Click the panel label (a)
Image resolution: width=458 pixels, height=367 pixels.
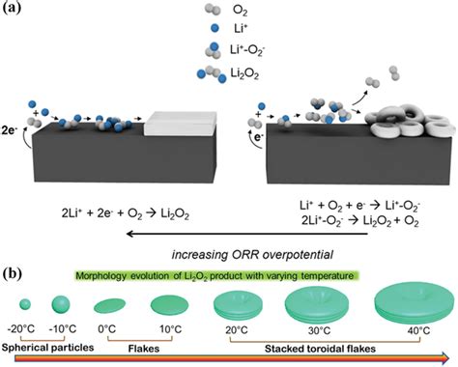tap(12, 7)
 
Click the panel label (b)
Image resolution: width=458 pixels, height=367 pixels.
tap(12, 273)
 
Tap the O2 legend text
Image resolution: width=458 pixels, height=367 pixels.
tap(240, 12)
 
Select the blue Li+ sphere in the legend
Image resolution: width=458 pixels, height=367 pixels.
tap(215, 28)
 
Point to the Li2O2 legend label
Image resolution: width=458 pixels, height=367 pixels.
tap(244, 74)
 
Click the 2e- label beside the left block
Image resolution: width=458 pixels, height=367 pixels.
tap(10, 130)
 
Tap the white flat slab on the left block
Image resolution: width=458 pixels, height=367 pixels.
tap(180, 124)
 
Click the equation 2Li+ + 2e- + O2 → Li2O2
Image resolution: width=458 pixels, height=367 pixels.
tap(125, 214)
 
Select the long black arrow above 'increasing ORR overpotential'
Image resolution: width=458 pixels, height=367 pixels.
tap(247, 234)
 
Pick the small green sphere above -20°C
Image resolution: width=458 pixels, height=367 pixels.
tap(25, 304)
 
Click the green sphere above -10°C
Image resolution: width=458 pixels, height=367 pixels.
tap(61, 304)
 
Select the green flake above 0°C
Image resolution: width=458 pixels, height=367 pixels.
tap(110, 305)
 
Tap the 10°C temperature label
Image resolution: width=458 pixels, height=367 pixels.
tap(171, 329)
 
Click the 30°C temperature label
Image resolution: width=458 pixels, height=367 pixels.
tap(319, 330)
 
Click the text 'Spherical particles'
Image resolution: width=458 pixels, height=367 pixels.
tap(47, 348)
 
